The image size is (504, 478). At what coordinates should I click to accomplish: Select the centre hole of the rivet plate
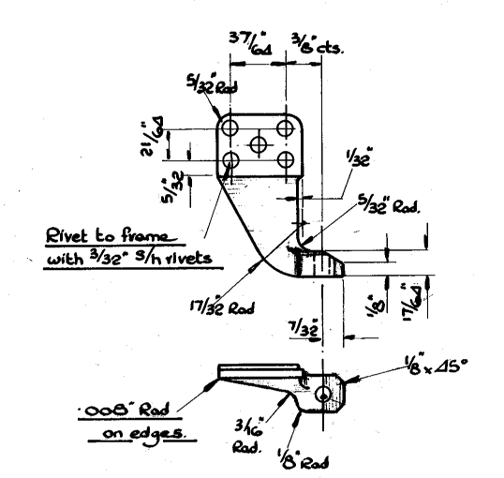[259, 143]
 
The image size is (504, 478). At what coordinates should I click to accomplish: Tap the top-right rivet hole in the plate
[286, 126]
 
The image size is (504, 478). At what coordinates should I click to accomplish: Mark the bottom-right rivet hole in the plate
[286, 162]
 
